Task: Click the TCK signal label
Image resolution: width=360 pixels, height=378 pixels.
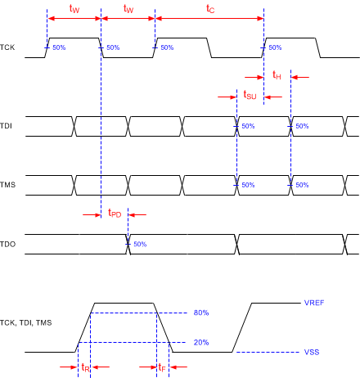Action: [x=10, y=48]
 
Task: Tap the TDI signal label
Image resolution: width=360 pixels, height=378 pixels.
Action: [x=8, y=126]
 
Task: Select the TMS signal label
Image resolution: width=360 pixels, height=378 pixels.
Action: [x=10, y=185]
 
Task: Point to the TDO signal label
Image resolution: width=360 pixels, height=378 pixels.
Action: [x=9, y=244]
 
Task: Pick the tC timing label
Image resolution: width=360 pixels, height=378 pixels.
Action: [x=210, y=9]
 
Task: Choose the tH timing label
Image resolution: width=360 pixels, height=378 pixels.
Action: [x=277, y=75]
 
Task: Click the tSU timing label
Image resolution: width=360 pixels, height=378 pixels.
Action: [x=250, y=95]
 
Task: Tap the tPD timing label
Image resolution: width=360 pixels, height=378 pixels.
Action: [x=114, y=213]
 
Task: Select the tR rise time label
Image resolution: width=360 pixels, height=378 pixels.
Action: [x=86, y=368]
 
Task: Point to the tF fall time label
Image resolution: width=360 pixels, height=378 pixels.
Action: [x=163, y=368]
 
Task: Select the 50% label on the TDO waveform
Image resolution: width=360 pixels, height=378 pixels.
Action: [x=140, y=245]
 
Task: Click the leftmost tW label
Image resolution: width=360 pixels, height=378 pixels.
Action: [x=74, y=9]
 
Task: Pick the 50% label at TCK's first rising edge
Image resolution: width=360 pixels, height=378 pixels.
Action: [x=60, y=48]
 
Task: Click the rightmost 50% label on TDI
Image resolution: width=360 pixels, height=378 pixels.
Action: [x=303, y=127]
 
